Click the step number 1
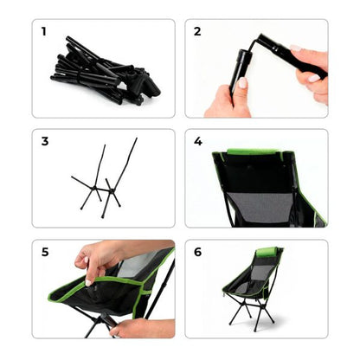43,32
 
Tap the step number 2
197,32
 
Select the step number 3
43,142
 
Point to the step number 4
197,142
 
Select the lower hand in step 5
138,327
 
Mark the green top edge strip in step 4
251,152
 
